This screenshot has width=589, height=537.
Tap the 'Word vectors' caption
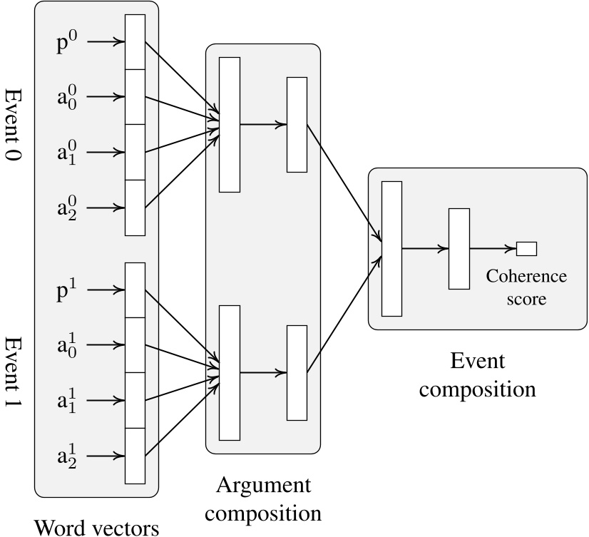[96, 526]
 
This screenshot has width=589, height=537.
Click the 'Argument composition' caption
[263, 498]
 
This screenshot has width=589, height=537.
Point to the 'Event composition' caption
[477, 375]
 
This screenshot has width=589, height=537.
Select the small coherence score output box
[526, 249]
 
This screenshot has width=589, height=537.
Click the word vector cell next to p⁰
[135, 42]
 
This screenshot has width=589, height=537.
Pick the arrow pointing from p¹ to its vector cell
[109, 290]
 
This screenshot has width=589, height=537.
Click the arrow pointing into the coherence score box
[493, 249]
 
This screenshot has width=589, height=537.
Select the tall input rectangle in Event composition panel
[391, 248]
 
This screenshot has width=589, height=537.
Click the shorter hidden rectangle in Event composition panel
[459, 249]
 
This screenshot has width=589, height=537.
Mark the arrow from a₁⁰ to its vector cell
[109, 153]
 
